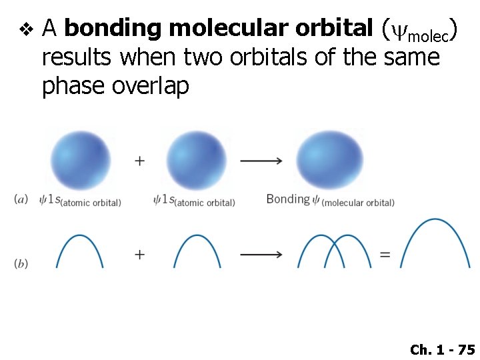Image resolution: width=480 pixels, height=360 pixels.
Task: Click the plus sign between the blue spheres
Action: [x=140, y=161]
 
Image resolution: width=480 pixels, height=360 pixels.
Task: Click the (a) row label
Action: [x=21, y=199]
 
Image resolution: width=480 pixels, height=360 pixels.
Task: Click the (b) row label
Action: [x=21, y=264]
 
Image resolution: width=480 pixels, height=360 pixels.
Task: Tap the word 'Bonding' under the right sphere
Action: [x=288, y=199]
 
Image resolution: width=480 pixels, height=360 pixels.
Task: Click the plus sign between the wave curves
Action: [x=140, y=254]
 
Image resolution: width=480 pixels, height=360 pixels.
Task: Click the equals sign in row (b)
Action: [x=385, y=254]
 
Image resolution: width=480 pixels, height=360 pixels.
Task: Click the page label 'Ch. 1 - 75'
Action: [x=442, y=349]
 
